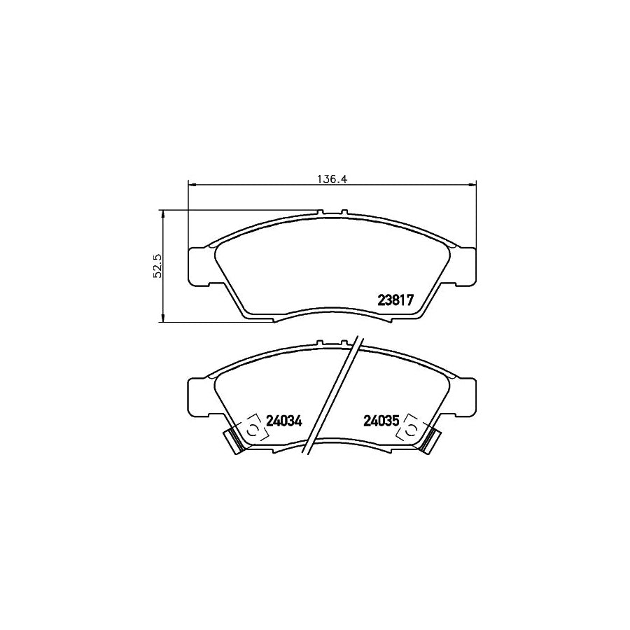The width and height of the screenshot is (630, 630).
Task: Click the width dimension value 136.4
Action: [333, 178]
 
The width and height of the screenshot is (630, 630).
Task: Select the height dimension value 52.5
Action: [157, 266]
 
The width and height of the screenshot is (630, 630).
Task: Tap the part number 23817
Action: [397, 300]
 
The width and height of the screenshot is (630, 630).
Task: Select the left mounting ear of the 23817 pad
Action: [197, 267]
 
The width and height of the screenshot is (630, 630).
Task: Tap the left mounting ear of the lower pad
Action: [197, 398]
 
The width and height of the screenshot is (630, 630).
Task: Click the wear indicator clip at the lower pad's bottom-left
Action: [232, 441]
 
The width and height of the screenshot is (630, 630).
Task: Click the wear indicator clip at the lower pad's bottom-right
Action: [433, 441]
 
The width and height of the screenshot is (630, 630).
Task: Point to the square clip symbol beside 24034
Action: [250, 430]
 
